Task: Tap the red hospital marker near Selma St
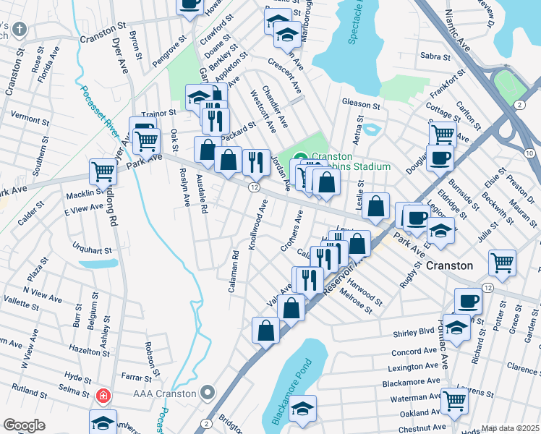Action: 103,396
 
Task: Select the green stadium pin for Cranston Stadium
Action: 301,161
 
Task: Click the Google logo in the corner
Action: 24,425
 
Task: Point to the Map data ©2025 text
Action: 511,428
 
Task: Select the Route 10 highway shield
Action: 530,153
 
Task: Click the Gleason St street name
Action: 361,105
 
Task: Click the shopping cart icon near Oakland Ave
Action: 454,399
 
